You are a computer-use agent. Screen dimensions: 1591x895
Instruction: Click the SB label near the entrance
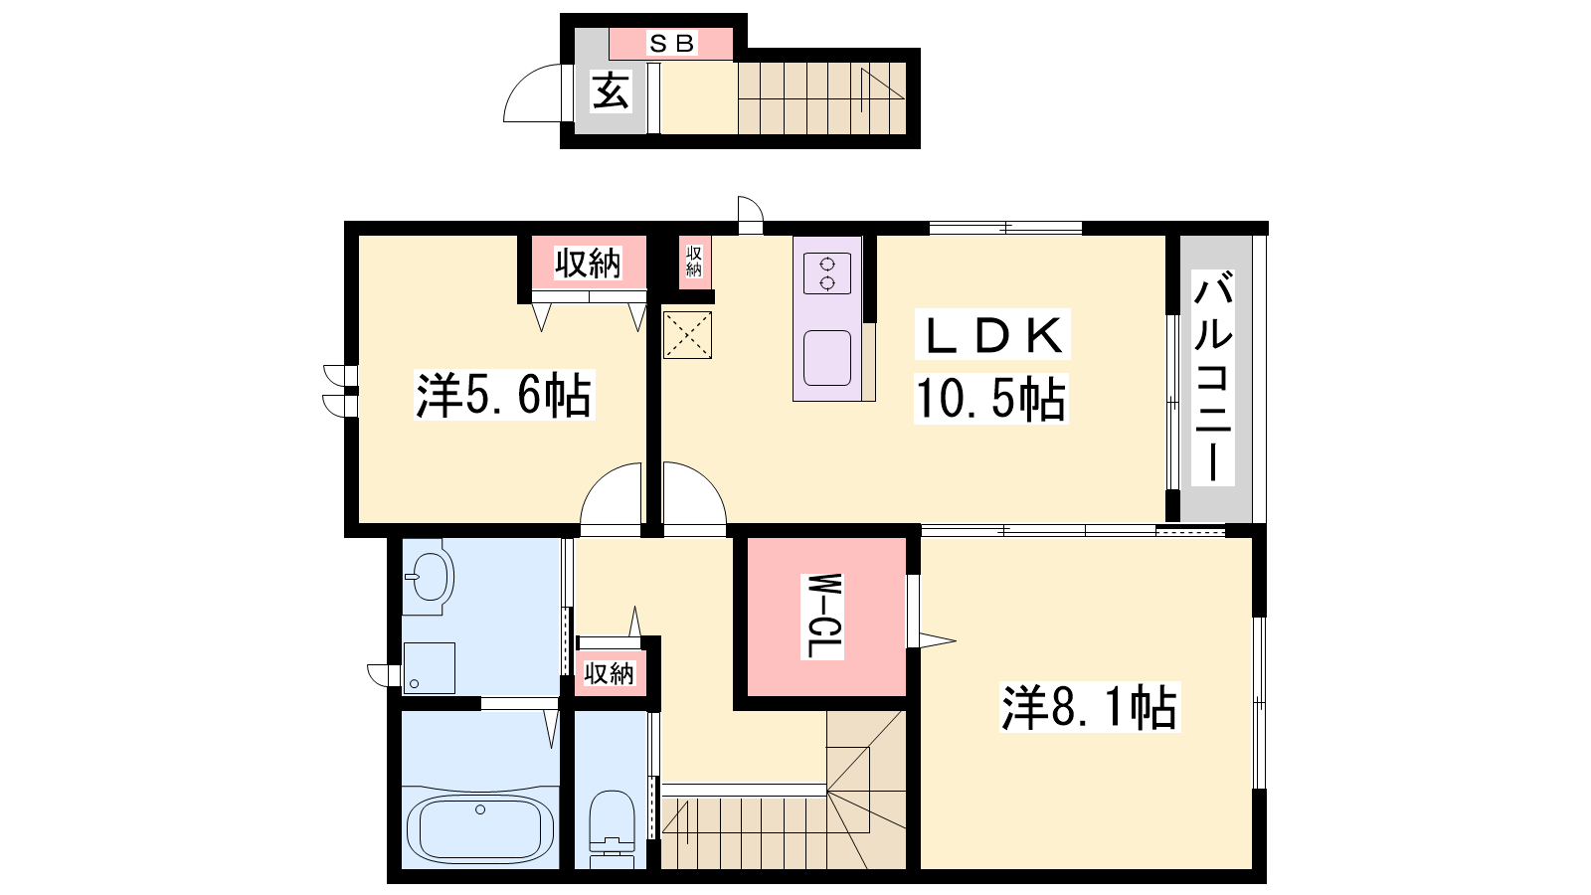point(671,44)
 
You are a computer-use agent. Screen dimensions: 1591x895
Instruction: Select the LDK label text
point(992,334)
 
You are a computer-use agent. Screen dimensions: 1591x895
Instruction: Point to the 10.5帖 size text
point(990,399)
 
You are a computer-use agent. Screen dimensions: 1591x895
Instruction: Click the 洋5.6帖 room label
point(503,395)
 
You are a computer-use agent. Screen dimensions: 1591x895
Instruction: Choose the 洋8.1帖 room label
point(1090,707)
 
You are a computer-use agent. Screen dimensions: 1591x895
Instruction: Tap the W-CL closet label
point(824,616)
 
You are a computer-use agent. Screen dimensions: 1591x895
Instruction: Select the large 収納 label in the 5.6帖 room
point(588,264)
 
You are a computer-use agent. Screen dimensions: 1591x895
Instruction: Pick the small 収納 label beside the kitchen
point(694,261)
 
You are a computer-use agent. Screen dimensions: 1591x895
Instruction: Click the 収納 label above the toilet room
point(609,672)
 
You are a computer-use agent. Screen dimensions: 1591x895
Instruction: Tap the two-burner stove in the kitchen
point(827,273)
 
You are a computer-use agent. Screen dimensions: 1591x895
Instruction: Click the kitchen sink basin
point(827,358)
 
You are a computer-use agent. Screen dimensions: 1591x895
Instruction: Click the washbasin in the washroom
point(429,576)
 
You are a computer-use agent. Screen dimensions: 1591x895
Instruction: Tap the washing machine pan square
point(429,667)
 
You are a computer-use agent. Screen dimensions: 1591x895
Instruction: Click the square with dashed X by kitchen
point(687,334)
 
